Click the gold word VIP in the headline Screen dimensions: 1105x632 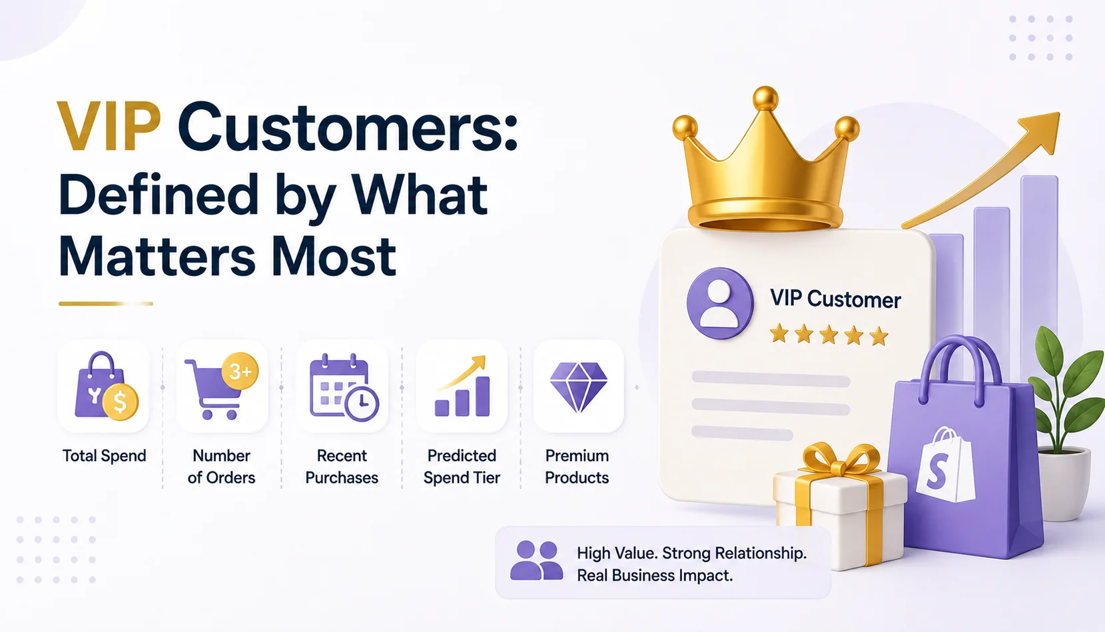109,127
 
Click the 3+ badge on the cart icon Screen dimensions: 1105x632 240,371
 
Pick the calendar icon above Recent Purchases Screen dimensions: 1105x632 344,387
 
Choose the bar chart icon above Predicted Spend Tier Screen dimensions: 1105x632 462,386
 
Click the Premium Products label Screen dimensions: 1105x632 577,466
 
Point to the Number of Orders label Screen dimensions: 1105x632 222,466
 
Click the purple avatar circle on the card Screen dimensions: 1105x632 720,303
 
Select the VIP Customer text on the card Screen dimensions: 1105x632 836,299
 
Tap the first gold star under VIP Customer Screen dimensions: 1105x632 779,334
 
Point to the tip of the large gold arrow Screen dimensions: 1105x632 1058,113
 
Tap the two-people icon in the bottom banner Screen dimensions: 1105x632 536,561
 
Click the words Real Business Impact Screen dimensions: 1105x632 655,576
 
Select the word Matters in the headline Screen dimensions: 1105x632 157,257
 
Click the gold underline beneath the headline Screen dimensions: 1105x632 105,303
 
